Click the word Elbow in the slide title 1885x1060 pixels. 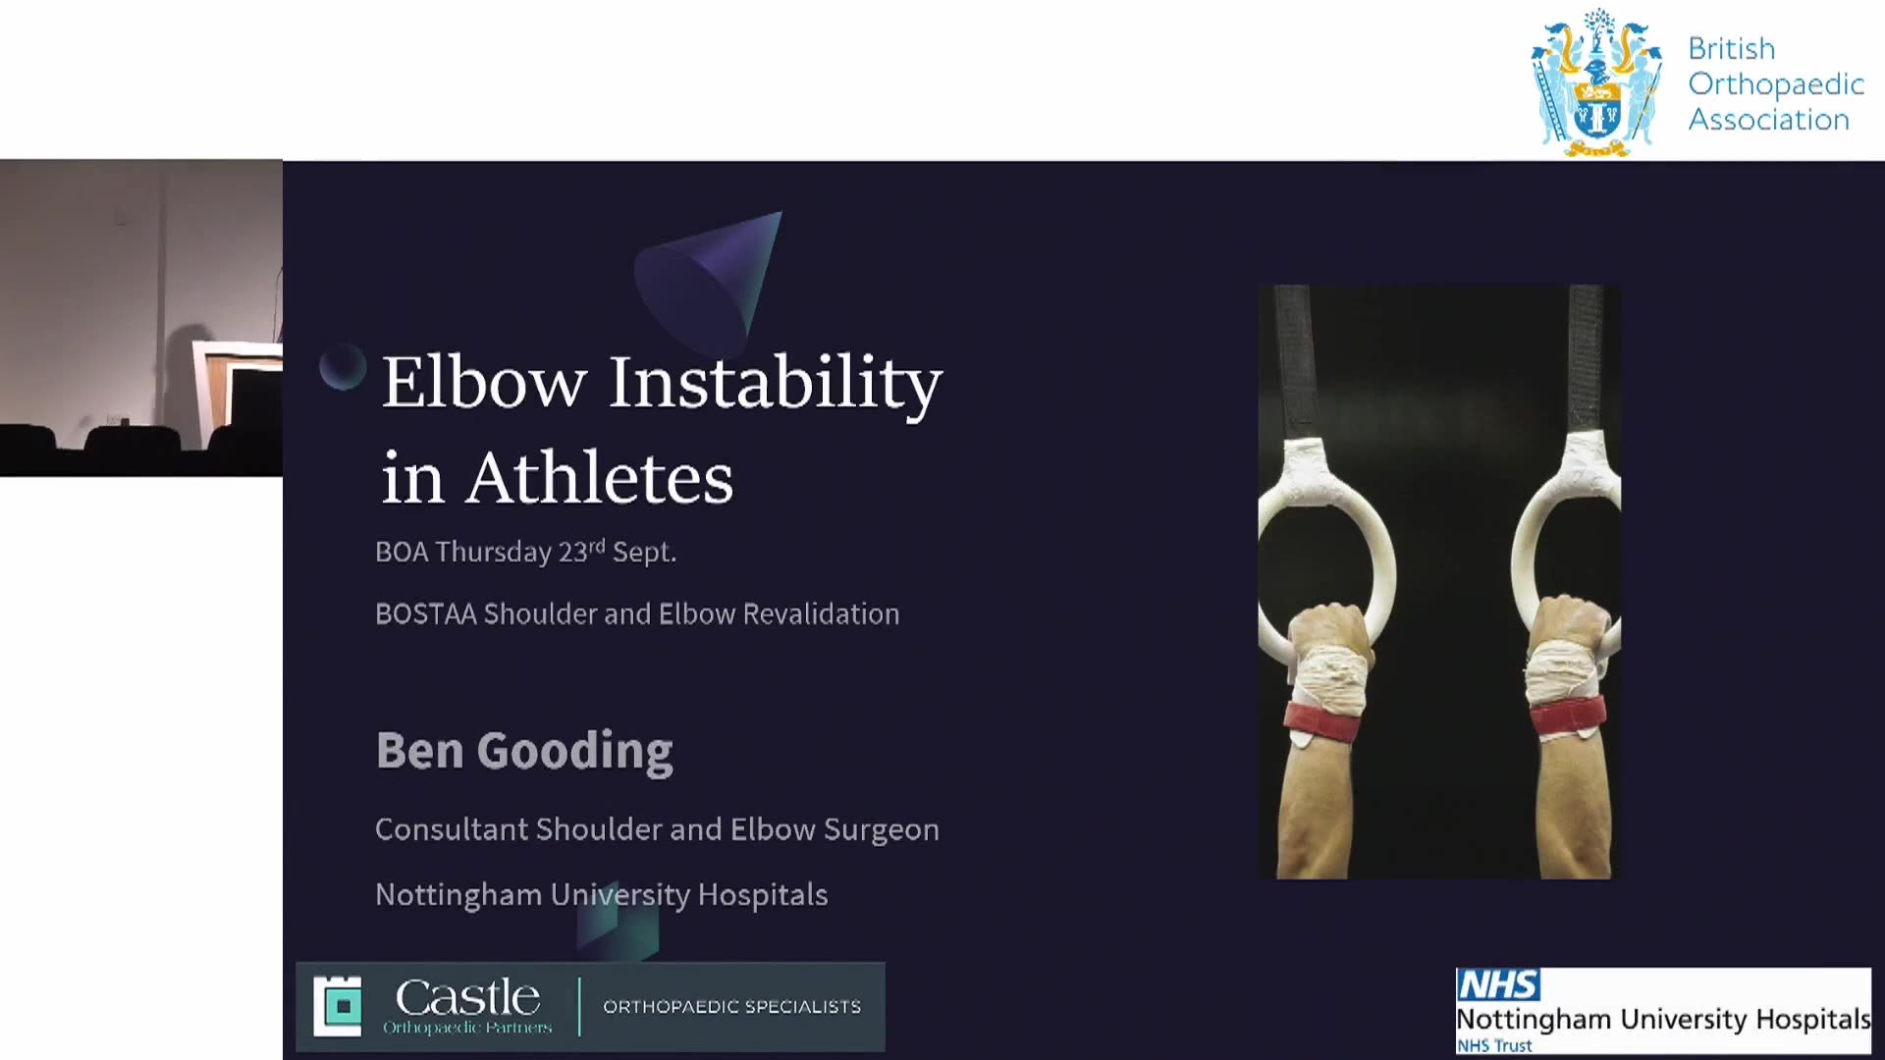484,382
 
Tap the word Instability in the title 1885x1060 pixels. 776,385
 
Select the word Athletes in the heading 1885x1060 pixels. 600,478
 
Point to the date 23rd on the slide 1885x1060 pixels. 581,551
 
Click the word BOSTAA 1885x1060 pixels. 426,613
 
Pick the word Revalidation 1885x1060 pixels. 821,613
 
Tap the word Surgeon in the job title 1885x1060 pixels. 882,830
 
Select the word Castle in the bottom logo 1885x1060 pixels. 467,997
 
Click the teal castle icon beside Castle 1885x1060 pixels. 338,1006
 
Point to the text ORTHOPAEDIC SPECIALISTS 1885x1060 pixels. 732,1007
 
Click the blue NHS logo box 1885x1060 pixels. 1498,984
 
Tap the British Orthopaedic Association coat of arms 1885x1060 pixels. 1597,83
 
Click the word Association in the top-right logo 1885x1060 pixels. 1768,120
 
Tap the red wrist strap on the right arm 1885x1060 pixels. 1567,717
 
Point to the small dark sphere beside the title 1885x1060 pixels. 343,367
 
